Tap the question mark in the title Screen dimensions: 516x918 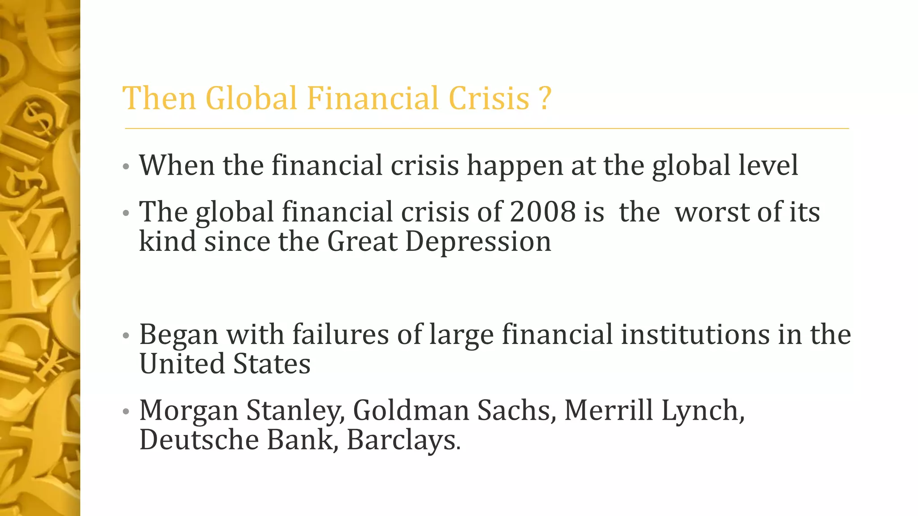point(544,98)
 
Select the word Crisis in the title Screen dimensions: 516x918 point(489,98)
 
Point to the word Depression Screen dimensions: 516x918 point(478,241)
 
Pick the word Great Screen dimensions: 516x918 point(362,241)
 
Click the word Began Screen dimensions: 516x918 point(178,335)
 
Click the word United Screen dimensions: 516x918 point(182,364)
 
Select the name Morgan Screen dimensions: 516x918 point(189,411)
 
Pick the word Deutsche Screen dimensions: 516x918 point(199,439)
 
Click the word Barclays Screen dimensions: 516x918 point(403,440)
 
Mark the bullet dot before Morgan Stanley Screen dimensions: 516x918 point(126,411)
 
